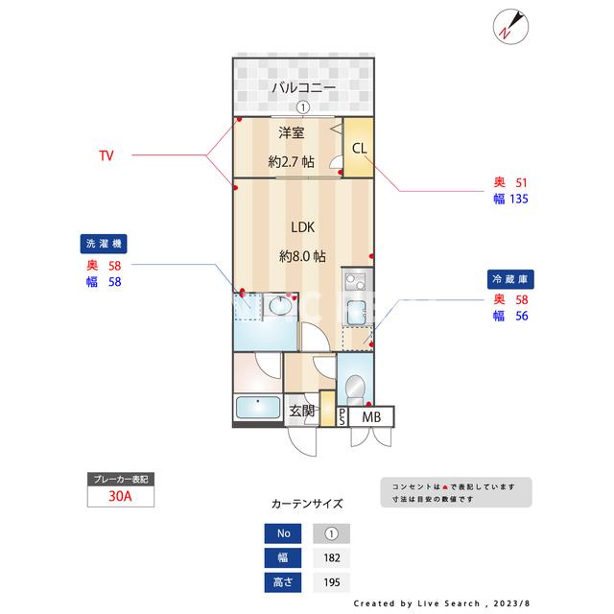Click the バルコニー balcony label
tap(302, 88)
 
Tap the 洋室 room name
tap(292, 132)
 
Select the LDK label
tap(303, 227)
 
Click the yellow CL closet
tap(358, 149)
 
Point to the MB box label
tap(371, 416)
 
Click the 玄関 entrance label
tap(301, 412)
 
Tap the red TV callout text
tap(106, 154)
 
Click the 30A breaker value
tap(120, 497)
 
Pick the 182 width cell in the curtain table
tap(331, 557)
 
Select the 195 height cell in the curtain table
tap(331, 581)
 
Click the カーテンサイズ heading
tap(307, 503)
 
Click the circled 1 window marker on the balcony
tap(302, 108)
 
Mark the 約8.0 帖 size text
tap(302, 256)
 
